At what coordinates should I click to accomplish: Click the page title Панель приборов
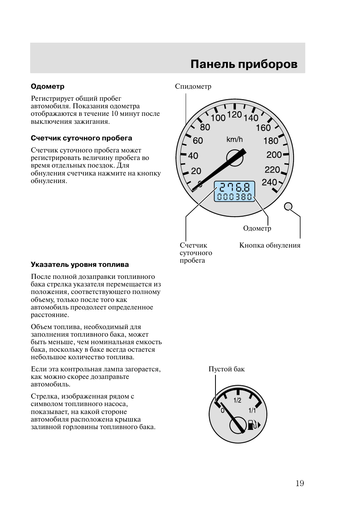point(244,64)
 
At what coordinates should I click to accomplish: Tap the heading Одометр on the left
point(48,86)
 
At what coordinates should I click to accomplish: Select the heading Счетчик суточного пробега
point(82,138)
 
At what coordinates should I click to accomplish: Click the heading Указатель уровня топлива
point(80,265)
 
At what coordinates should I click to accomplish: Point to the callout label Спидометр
point(193,86)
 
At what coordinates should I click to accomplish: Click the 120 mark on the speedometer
point(234,114)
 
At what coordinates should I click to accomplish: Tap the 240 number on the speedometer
point(269,182)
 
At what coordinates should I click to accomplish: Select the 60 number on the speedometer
point(198,141)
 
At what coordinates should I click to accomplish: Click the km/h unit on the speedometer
point(234,140)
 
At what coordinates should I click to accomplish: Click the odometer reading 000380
point(234,197)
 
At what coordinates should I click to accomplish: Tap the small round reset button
point(288,206)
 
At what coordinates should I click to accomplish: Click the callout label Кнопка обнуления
point(270,245)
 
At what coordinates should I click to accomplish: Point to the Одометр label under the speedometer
point(257,228)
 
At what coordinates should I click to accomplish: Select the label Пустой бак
point(226,369)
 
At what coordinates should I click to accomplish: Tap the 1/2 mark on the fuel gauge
point(237,400)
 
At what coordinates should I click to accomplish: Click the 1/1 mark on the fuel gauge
point(252,410)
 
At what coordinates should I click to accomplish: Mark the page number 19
point(300,483)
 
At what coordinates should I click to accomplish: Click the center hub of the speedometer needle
point(234,157)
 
